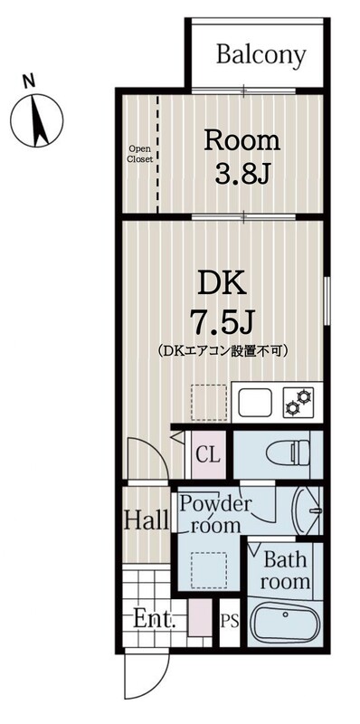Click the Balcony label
coord(261,55)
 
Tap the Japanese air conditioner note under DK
coord(222,350)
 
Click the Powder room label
coord(213,514)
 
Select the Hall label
coord(146,521)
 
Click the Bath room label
coord(285,572)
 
